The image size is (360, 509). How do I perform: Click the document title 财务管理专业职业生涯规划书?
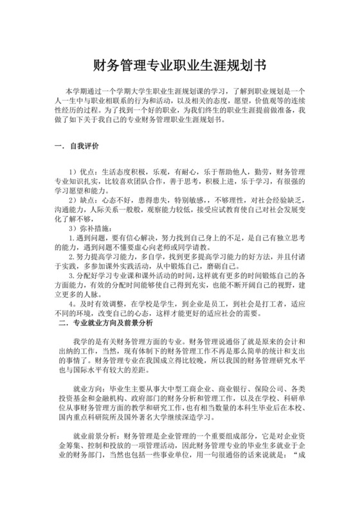click(x=179, y=65)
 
